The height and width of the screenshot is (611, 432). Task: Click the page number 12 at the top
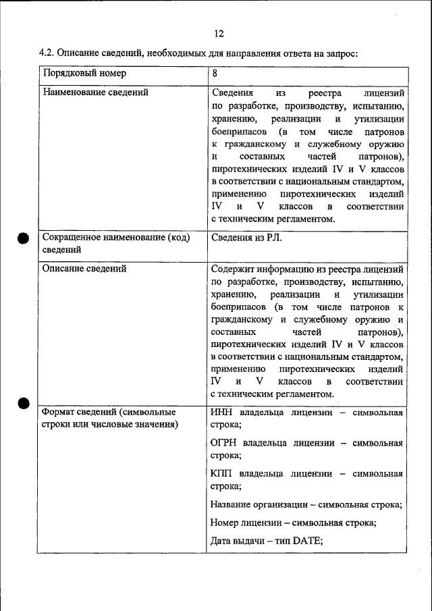tap(218, 34)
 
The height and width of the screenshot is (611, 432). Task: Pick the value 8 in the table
tap(215, 73)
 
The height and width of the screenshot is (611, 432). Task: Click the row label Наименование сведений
tap(95, 92)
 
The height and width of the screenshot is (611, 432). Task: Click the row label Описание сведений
tap(84, 269)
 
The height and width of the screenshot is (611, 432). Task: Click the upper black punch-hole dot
tap(23, 238)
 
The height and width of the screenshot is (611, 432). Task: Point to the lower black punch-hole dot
tap(23, 403)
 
